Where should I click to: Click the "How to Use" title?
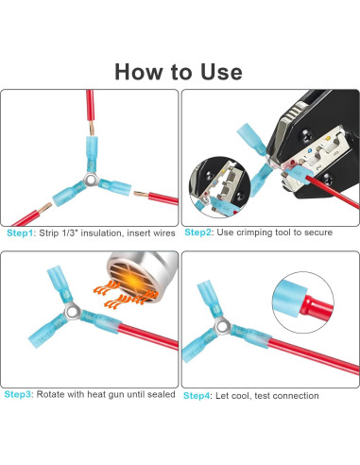click(179, 72)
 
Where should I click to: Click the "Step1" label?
click(20, 233)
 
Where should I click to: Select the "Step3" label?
click(18, 394)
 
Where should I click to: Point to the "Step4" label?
click(197, 396)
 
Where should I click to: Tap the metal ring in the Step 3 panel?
click(73, 311)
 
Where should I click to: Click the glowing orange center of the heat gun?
click(135, 279)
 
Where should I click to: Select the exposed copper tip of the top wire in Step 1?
click(91, 129)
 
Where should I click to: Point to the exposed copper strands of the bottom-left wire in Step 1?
click(45, 208)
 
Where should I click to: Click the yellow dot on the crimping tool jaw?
click(329, 138)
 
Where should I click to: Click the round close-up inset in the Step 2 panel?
click(219, 187)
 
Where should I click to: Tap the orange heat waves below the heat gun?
click(125, 295)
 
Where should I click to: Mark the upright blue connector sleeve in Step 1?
click(92, 154)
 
